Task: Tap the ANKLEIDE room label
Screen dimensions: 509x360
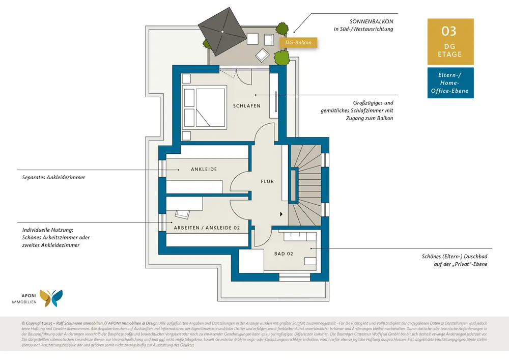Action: click(x=204, y=169)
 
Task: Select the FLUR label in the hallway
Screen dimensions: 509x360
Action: click(x=267, y=181)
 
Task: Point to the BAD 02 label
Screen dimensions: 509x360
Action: click(x=284, y=254)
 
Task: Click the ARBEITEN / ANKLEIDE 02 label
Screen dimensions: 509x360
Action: click(x=207, y=228)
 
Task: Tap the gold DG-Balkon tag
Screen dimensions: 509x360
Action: click(x=298, y=42)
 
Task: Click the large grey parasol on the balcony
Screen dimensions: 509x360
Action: click(x=222, y=32)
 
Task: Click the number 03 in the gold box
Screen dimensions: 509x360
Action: click(x=450, y=31)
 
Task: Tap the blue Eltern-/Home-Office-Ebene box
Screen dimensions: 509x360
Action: click(x=450, y=83)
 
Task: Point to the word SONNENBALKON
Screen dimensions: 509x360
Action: click(x=371, y=21)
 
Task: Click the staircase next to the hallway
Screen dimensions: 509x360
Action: click(x=305, y=183)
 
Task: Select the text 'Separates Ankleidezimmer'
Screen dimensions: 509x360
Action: click(x=53, y=178)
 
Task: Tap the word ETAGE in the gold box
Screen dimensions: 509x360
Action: click(x=450, y=54)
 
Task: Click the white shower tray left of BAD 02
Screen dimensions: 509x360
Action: click(x=251, y=261)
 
